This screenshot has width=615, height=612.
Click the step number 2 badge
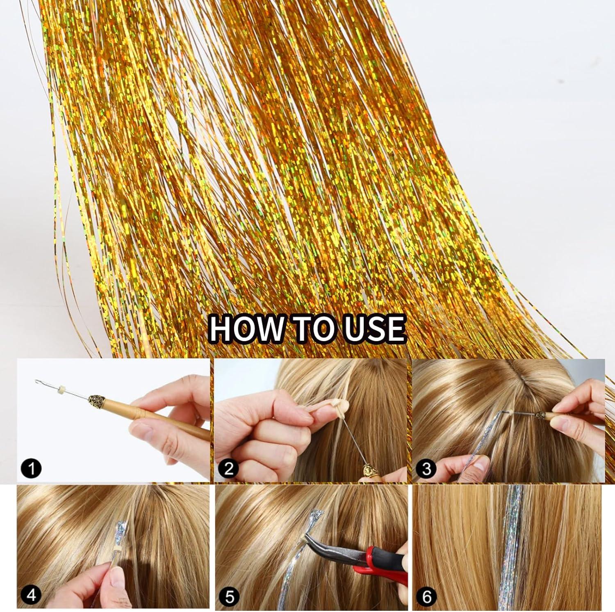tap(228, 468)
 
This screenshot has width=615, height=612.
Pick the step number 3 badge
tap(426, 468)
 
